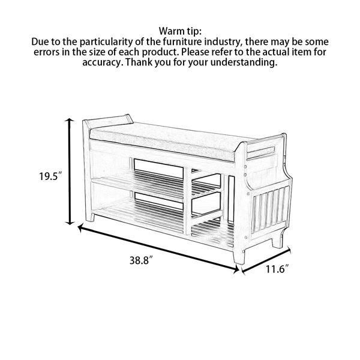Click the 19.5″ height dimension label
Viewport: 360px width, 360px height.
[x=50, y=176]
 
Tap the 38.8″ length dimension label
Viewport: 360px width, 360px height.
[x=141, y=260]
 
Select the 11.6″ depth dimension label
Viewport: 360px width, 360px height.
[x=277, y=269]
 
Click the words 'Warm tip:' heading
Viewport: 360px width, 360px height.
[x=180, y=31]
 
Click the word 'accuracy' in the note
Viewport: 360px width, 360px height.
[x=101, y=62]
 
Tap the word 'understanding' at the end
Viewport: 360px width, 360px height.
[x=244, y=62]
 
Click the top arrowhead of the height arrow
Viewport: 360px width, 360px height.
[x=69, y=120]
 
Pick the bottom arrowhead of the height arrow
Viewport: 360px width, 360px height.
[x=69, y=223]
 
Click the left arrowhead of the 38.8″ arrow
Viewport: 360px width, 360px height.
[x=80, y=227]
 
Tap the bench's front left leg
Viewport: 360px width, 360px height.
[x=90, y=217]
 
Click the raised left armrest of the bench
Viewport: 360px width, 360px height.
[x=108, y=121]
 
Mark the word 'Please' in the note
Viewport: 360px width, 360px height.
[x=194, y=52]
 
